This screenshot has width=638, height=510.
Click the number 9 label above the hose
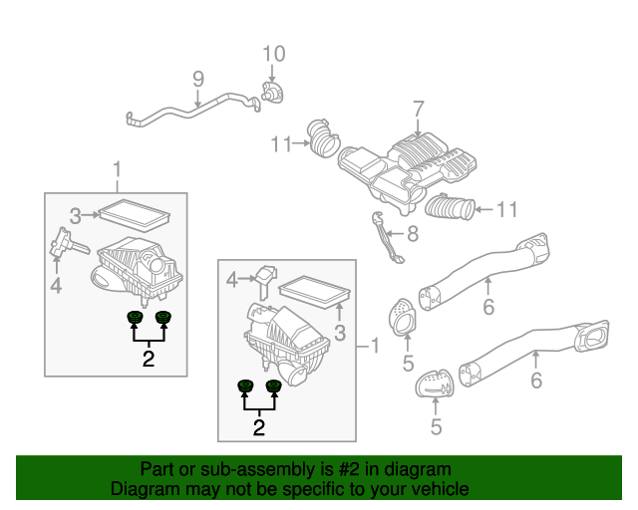197,78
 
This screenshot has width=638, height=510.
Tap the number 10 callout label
273,53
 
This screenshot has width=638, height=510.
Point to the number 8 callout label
412,235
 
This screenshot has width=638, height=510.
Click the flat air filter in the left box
136,213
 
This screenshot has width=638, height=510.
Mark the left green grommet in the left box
134,318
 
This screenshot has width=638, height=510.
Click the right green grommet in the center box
273,386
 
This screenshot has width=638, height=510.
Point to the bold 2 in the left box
148,360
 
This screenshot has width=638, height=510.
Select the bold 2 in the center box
259,428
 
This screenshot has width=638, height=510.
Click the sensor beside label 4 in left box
64,245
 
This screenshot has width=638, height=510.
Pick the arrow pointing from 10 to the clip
273,72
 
